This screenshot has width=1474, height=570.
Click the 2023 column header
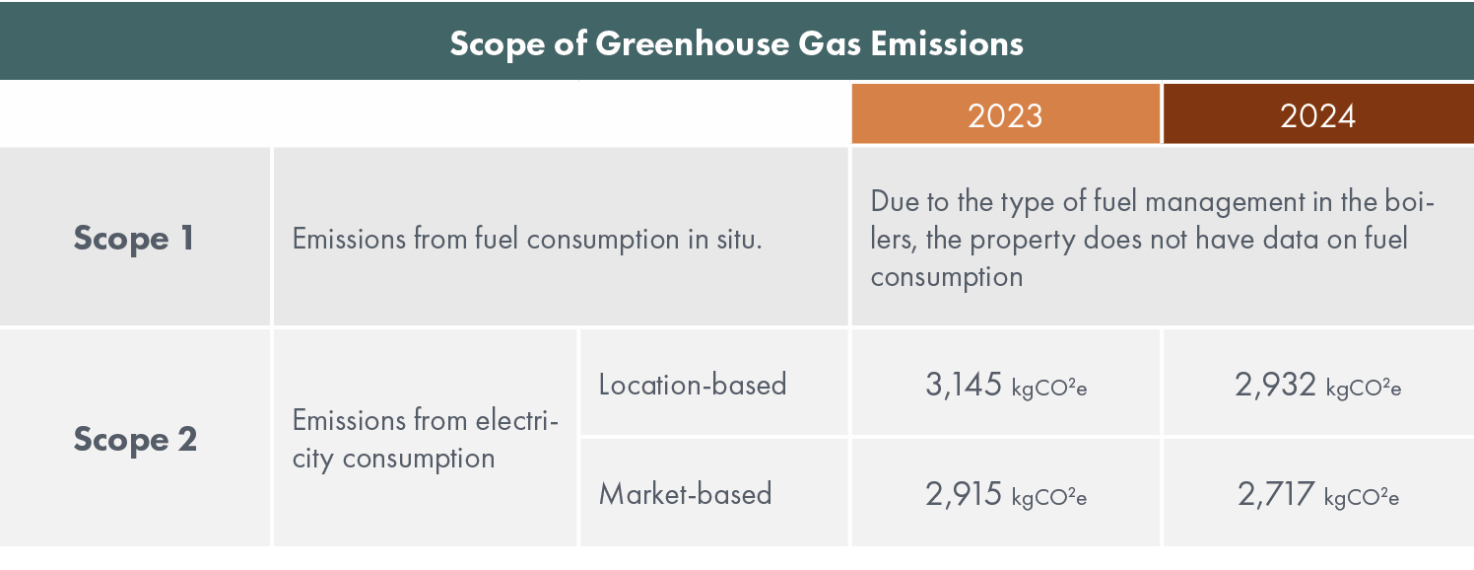pos(1004,115)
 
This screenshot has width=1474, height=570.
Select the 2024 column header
pos(1317,115)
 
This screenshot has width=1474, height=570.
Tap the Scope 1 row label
pos(135,239)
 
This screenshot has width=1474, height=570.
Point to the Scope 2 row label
pos(135,439)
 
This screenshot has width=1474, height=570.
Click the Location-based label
pos(692,384)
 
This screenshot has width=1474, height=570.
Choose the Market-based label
pos(685,493)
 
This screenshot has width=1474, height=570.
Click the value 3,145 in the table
pos(964,385)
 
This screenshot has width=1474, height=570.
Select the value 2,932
pos(1275,385)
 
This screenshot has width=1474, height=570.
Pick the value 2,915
pos(964,494)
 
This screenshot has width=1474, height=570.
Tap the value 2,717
pos(1275,494)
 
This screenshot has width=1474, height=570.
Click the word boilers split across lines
pos(1410,202)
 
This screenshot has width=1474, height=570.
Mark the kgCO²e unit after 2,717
pos(1361,497)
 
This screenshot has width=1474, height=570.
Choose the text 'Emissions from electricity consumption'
pos(425,440)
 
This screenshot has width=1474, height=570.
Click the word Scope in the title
pos(498,44)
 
